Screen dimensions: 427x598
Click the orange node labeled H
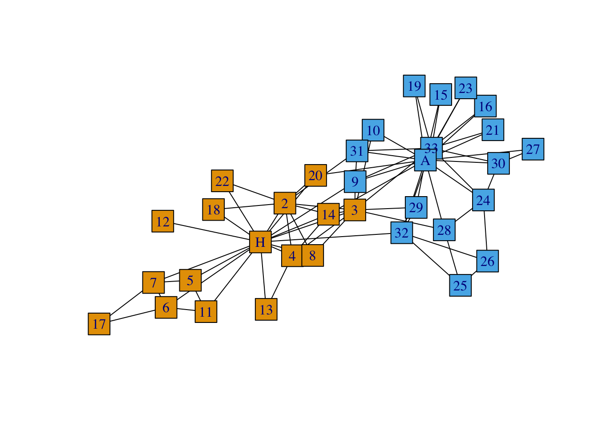[260, 242]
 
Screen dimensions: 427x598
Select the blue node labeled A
[425, 160]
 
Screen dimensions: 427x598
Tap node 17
[99, 324]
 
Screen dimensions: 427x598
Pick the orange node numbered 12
[163, 222]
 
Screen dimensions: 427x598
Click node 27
[533, 149]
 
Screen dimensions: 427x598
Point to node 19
[414, 86]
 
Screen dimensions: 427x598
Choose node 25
[460, 286]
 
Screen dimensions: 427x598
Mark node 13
[266, 310]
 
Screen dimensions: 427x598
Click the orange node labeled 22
[222, 181]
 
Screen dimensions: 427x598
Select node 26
[487, 261]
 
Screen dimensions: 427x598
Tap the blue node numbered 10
[373, 130]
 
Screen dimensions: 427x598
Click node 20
[315, 175]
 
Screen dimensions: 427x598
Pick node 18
[214, 209]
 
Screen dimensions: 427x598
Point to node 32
[402, 233]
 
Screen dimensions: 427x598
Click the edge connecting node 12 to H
[211, 232]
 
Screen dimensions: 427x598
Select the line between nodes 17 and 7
[126, 303]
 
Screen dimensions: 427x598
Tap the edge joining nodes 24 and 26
[485, 231]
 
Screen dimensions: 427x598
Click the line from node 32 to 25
[431, 259]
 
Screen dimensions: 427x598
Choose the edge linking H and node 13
[263, 276]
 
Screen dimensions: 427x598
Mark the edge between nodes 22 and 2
[254, 192]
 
